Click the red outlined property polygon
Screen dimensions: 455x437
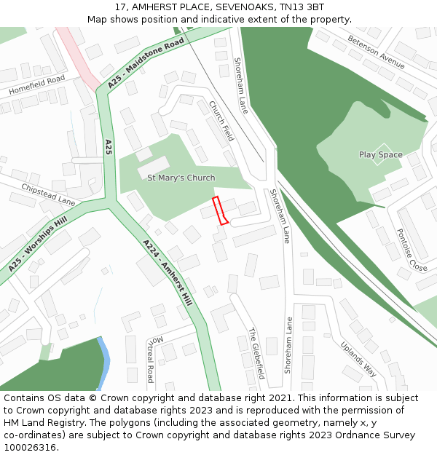tap(220, 210)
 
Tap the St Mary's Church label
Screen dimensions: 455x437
tap(181, 178)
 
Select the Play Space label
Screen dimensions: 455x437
tap(380, 154)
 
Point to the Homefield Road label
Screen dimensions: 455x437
tap(37, 84)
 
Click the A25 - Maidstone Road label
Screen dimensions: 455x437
tap(146, 65)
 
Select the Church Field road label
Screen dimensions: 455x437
tap(221, 120)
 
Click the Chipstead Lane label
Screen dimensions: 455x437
tap(48, 194)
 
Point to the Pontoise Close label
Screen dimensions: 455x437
tap(412, 250)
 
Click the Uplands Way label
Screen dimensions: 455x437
tap(358, 357)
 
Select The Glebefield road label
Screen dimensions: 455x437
tap(256, 353)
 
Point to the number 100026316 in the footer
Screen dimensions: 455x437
tap(31, 447)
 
